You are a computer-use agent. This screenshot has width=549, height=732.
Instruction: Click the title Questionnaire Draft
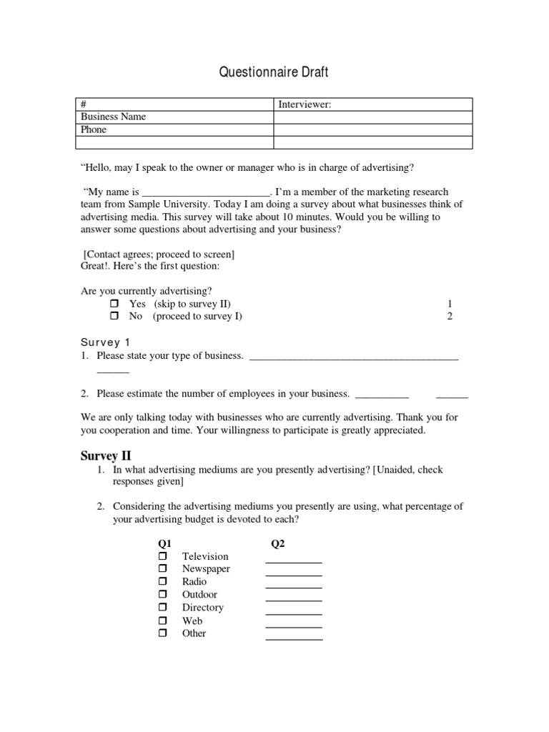click(x=273, y=73)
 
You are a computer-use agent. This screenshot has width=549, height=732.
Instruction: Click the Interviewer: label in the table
click(x=305, y=104)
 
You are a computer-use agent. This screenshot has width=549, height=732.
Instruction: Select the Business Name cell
click(x=114, y=117)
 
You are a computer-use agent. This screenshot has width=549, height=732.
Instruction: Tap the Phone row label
click(x=94, y=130)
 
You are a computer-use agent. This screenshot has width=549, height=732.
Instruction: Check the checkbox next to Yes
click(x=114, y=304)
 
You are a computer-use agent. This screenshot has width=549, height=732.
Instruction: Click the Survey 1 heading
click(x=104, y=342)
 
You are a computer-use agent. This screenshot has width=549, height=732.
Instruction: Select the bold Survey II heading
click(x=106, y=455)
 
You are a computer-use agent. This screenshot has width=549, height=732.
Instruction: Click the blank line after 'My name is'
click(x=206, y=192)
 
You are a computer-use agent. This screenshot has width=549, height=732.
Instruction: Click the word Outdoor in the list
click(x=199, y=595)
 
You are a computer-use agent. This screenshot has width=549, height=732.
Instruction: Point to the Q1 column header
click(x=164, y=543)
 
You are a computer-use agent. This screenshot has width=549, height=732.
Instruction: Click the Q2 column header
click(x=278, y=543)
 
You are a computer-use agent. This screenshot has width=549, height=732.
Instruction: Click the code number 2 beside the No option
click(x=450, y=317)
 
